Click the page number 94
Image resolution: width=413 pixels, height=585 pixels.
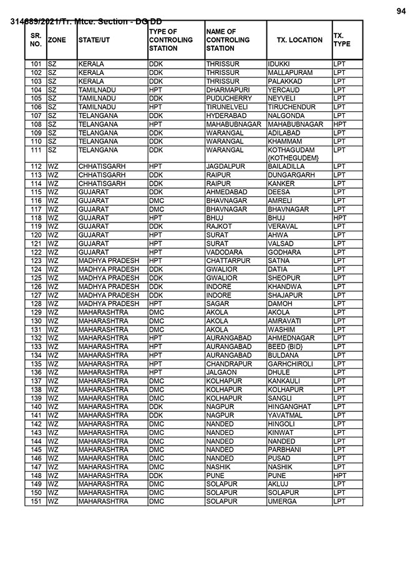pos(401,11)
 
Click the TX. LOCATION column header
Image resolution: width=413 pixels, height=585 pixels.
pos(299,40)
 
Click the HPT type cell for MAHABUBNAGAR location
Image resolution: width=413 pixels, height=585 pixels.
pos(340,124)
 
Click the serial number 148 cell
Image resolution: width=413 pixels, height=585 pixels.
pos(36,476)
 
